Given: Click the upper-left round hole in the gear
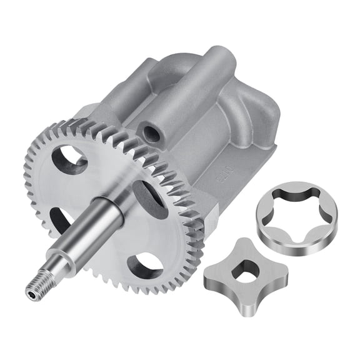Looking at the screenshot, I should coord(69,160).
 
